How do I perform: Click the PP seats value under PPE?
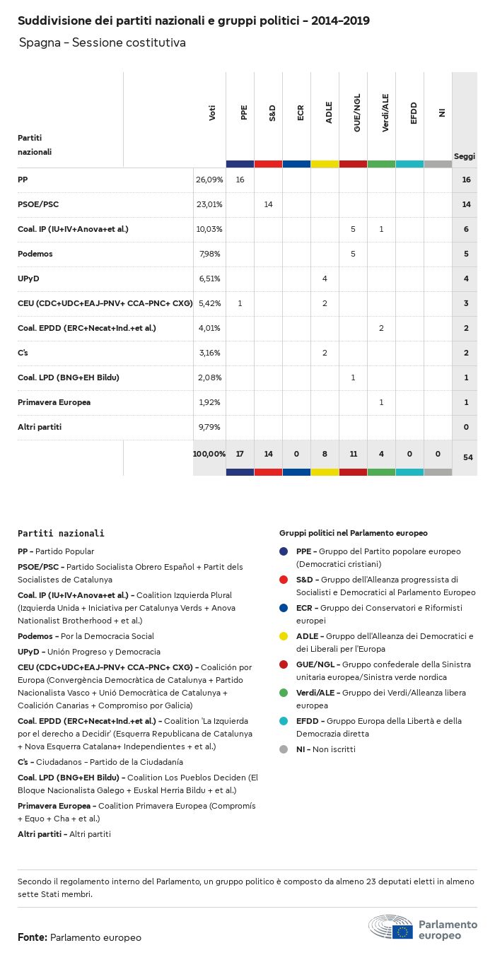coord(240,180)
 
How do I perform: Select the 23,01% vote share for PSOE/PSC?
coord(209,204)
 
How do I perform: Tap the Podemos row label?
coord(35,254)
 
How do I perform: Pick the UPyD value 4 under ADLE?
coord(325,279)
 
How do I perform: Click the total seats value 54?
coord(467,457)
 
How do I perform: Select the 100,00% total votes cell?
coord(209,453)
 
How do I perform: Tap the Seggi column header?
coord(465,156)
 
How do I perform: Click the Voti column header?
coord(212,113)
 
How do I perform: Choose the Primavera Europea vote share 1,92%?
coord(209,402)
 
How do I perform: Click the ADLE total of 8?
coord(325,453)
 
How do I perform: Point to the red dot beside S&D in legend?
coord(284,580)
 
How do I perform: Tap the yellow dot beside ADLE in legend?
coord(284,636)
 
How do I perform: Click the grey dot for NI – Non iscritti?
coord(284,749)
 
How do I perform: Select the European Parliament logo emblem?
coord(390,927)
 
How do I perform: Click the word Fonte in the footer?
coord(32,937)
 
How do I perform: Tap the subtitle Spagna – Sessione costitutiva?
coord(103,43)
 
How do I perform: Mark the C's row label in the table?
coord(23,353)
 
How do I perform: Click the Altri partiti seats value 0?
coord(466,427)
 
